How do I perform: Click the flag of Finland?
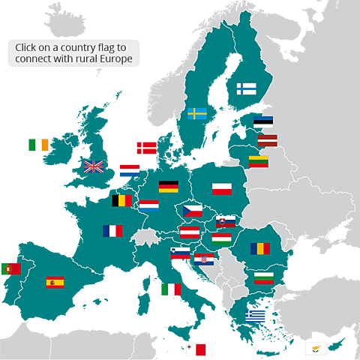(x=247, y=88)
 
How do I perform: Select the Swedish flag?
(x=197, y=114)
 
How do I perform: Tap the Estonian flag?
(x=263, y=121)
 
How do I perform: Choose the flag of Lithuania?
(x=259, y=161)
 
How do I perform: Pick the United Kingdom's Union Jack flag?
(x=94, y=166)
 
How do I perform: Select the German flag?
(x=168, y=187)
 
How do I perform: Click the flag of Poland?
(x=223, y=188)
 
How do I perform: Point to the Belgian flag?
(x=121, y=200)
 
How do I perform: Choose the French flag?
(x=112, y=231)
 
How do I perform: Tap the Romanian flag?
(x=260, y=247)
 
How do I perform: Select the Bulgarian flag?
(x=263, y=277)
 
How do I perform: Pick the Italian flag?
(x=169, y=290)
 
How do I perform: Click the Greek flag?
(x=256, y=316)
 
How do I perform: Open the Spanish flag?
(x=55, y=282)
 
